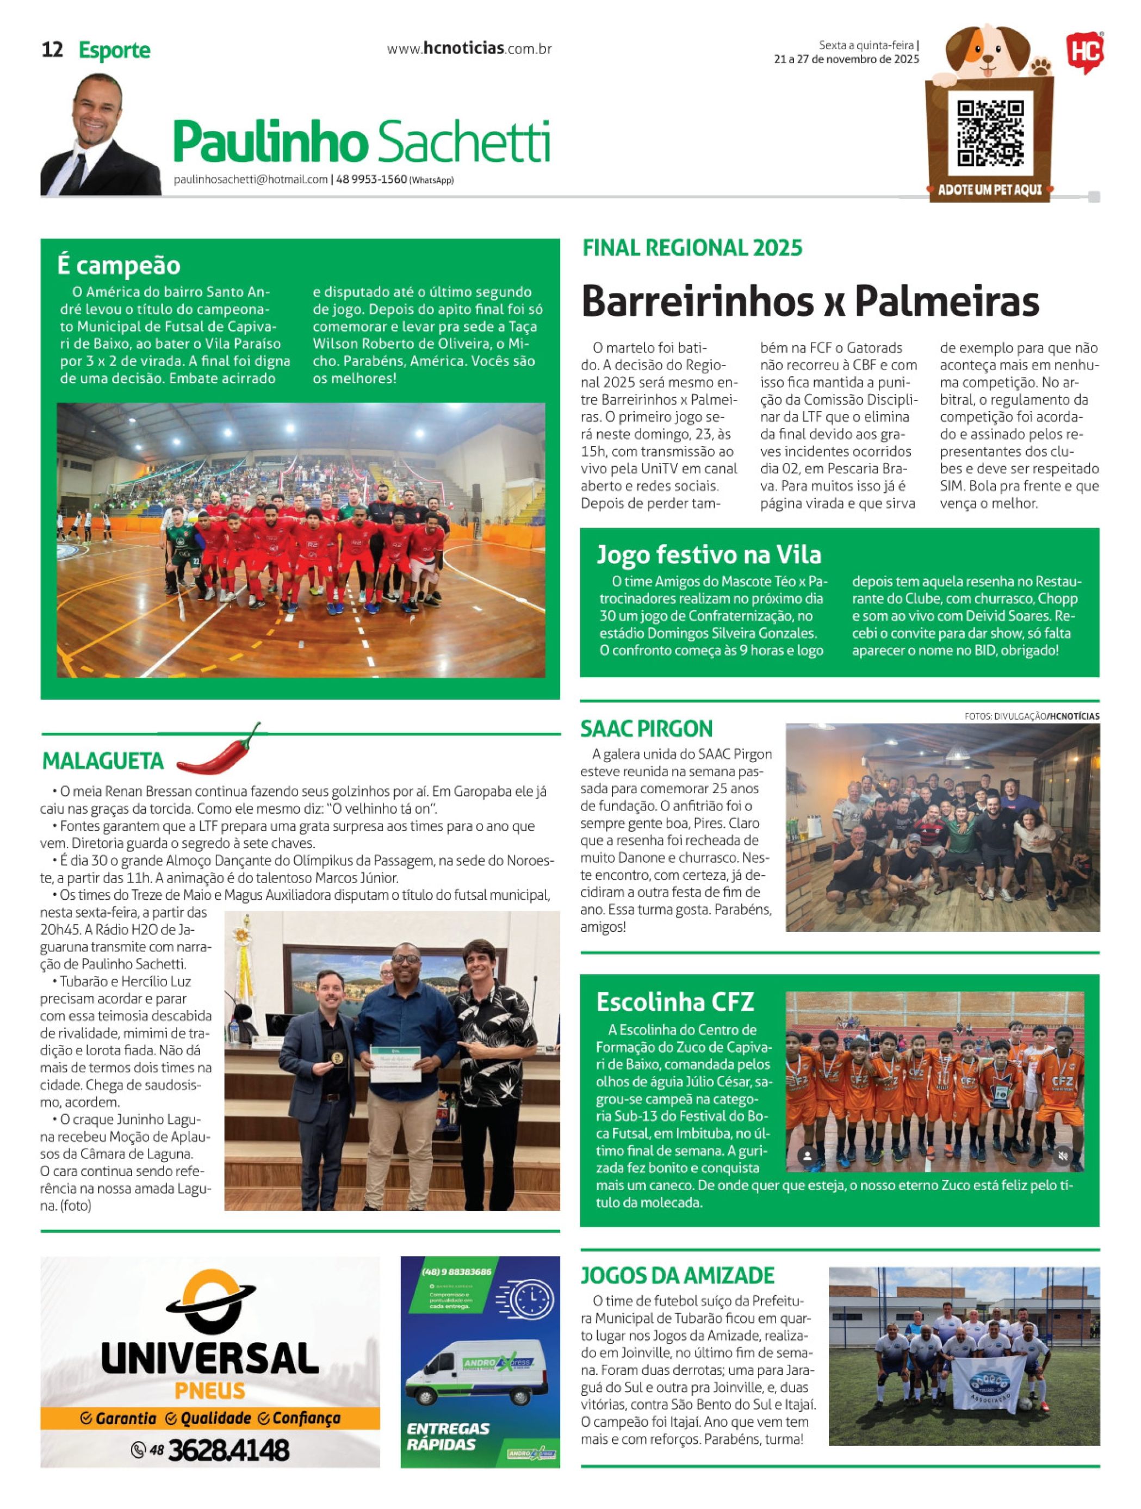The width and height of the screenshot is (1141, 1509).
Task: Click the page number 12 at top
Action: (x=53, y=50)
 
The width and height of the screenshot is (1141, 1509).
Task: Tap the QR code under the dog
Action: (x=990, y=134)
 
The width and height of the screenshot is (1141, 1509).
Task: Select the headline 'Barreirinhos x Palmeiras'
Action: (x=810, y=300)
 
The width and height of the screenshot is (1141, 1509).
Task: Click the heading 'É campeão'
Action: (x=119, y=265)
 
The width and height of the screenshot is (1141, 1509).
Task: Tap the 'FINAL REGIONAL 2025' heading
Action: (x=692, y=248)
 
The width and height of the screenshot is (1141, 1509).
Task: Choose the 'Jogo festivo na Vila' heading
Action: (x=709, y=555)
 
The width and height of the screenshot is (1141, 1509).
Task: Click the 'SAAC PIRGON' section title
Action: (x=646, y=728)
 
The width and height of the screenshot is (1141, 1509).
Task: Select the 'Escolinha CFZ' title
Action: (x=674, y=1002)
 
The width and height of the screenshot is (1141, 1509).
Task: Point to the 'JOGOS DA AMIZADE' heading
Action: (x=677, y=1275)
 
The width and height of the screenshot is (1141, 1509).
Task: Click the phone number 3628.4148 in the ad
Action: (x=228, y=1450)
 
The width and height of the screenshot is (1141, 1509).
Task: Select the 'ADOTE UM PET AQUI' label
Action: (x=990, y=190)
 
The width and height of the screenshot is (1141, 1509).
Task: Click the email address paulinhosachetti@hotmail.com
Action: (x=251, y=180)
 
